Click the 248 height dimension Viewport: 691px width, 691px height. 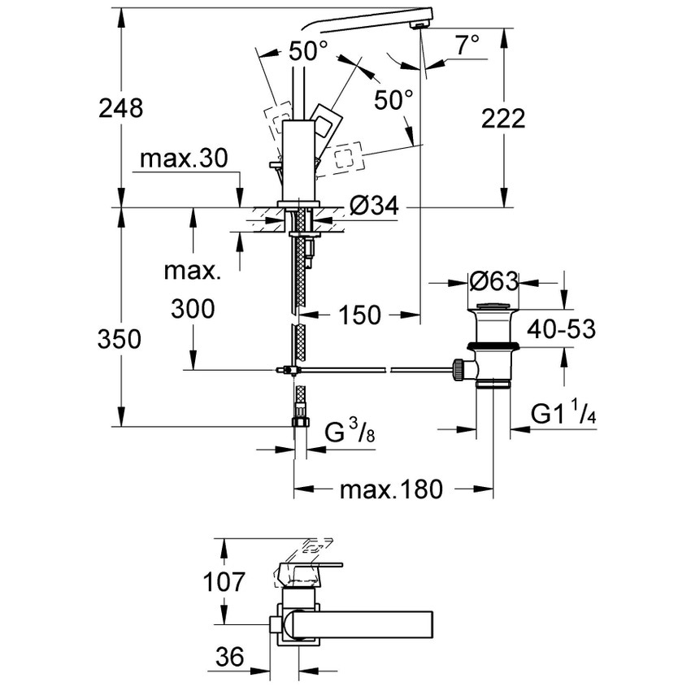[x=120, y=107]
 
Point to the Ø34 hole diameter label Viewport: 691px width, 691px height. [x=375, y=208]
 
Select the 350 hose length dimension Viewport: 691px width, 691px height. [x=120, y=338]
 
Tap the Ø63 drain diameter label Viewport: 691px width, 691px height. [x=493, y=282]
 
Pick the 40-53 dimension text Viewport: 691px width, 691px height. [x=562, y=329]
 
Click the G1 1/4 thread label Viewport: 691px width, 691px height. [x=564, y=414]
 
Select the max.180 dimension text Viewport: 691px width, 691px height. [x=391, y=489]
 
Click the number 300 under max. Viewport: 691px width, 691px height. [x=193, y=308]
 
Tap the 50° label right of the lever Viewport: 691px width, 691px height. [x=393, y=101]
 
